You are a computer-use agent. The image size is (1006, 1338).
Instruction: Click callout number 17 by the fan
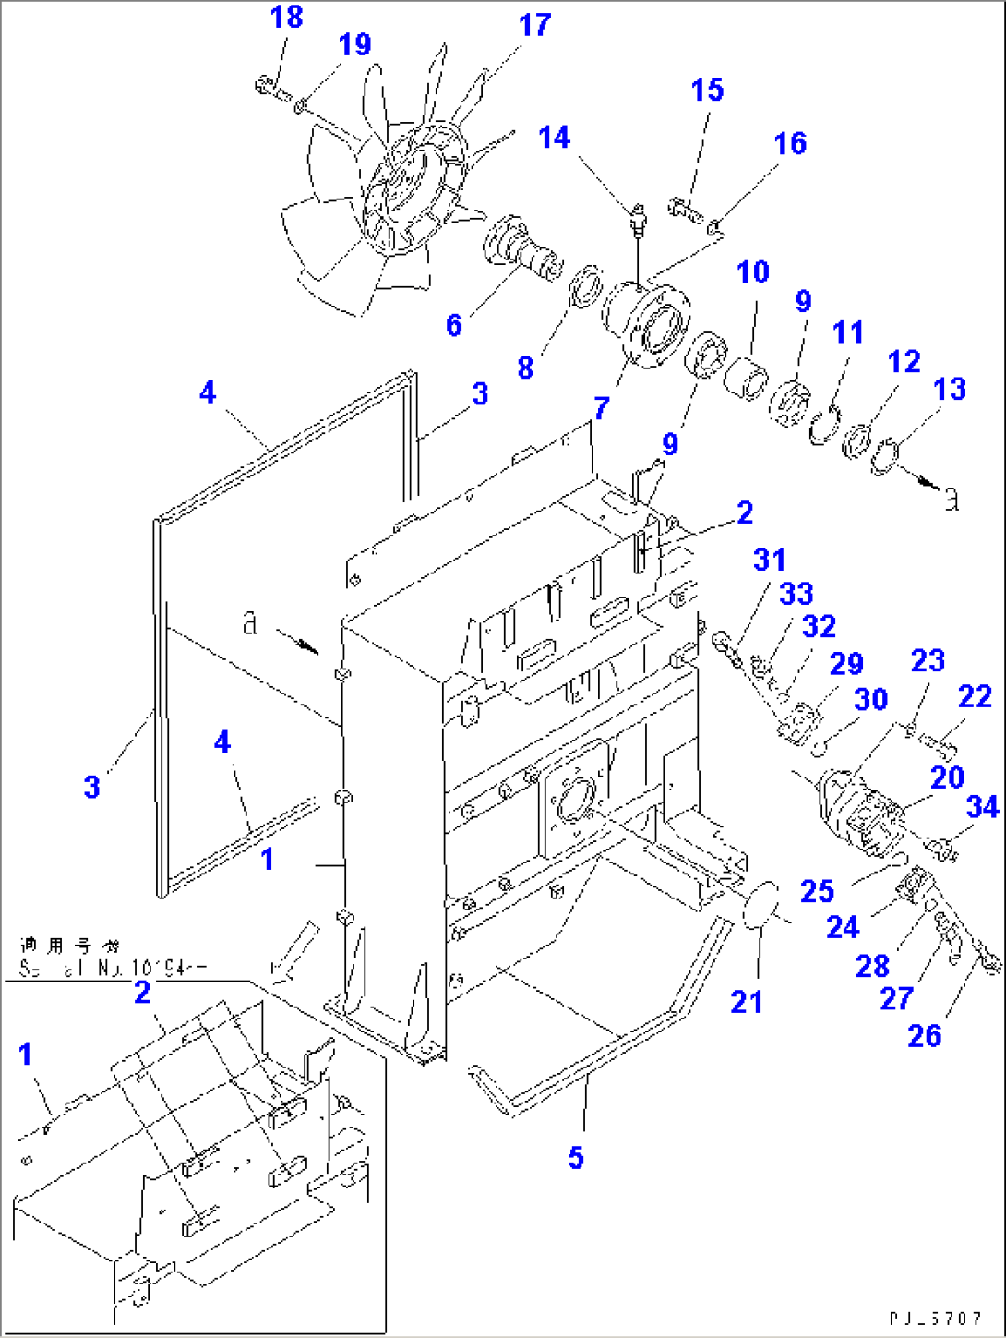pos(534,26)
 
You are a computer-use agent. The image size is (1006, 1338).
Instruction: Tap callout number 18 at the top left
pos(286,17)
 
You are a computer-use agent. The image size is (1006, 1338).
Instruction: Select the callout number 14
pos(554,138)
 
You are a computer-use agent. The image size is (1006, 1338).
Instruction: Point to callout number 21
pos(746,1001)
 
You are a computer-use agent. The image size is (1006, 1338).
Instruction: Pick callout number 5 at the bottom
pos(575,1157)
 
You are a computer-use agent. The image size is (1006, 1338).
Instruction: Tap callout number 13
pos(949,389)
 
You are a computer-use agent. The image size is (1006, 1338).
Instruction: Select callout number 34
pos(982,807)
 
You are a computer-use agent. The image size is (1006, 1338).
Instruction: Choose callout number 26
pos(924,1035)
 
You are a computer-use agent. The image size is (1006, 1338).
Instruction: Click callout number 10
pos(753,271)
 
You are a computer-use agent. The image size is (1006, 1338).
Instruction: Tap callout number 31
pos(769,560)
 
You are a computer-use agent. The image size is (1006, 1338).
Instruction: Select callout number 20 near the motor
pos(947,777)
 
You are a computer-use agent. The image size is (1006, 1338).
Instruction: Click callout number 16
pos(790,143)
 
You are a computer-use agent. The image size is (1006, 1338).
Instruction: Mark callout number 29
pos(845,663)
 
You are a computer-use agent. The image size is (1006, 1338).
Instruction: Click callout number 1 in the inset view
pos(25,1054)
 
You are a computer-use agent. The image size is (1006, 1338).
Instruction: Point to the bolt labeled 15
pos(685,207)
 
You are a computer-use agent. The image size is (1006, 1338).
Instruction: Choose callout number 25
pos(817,891)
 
